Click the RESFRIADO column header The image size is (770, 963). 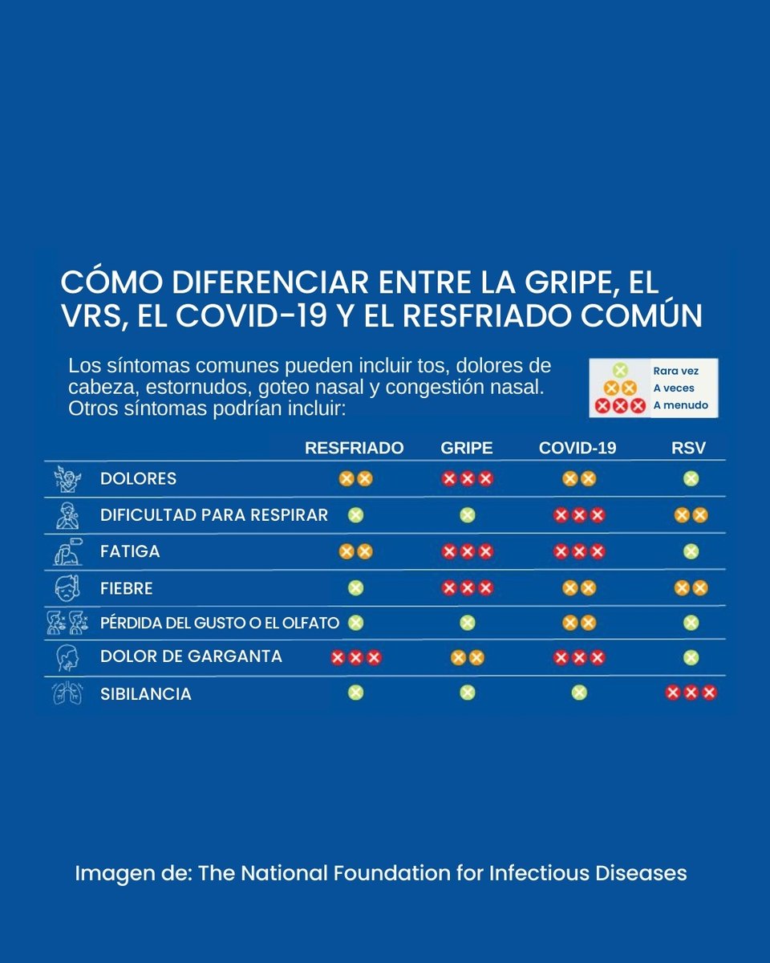354,448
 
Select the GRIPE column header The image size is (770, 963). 467,448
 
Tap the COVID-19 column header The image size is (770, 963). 577,448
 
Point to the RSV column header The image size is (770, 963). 688,448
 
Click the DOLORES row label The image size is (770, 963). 138,479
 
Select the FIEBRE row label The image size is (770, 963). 126,589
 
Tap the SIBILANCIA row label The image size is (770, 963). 146,694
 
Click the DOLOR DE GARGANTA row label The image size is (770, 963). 191,656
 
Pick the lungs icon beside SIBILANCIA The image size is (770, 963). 67,693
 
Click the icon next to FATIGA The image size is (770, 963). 67,552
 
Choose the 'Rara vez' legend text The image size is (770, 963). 676,372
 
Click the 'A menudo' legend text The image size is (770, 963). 681,405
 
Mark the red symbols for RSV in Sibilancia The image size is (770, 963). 691,693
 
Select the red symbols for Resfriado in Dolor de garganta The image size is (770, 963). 355,658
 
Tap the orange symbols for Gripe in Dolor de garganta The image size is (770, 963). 467,658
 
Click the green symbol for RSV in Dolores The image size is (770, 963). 691,479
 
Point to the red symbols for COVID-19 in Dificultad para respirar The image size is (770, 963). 579,515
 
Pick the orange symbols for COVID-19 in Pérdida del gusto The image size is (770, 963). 579,623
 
